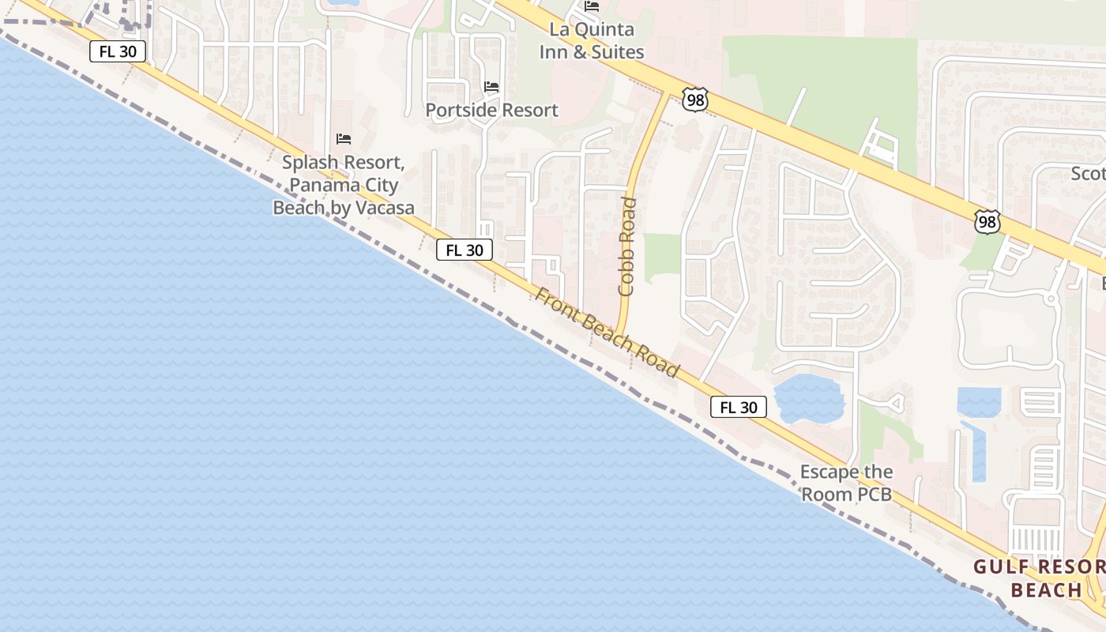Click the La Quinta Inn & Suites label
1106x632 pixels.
pyautogui.click(x=592, y=41)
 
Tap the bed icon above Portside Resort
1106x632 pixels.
pyautogui.click(x=491, y=86)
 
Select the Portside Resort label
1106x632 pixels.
pyautogui.click(x=491, y=110)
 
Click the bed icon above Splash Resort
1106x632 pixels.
pyautogui.click(x=344, y=139)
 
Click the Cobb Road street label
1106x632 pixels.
pyautogui.click(x=627, y=246)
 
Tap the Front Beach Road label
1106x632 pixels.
pyautogui.click(x=607, y=332)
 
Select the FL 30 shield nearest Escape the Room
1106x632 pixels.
pyautogui.click(x=739, y=407)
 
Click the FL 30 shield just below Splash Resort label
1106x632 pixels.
pyautogui.click(x=465, y=250)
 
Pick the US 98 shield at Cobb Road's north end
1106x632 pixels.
pyautogui.click(x=695, y=100)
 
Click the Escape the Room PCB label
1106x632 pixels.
pyautogui.click(x=846, y=483)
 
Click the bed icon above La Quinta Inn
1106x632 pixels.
pyautogui.click(x=592, y=6)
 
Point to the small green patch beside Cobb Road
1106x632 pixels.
pyautogui.click(x=662, y=257)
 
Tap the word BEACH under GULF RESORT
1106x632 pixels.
pyautogui.click(x=1046, y=590)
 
